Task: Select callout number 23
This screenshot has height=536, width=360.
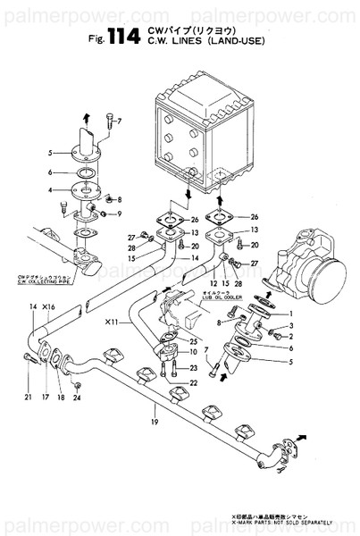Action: pos(193,392)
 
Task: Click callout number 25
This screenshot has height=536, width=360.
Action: pos(193,342)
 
